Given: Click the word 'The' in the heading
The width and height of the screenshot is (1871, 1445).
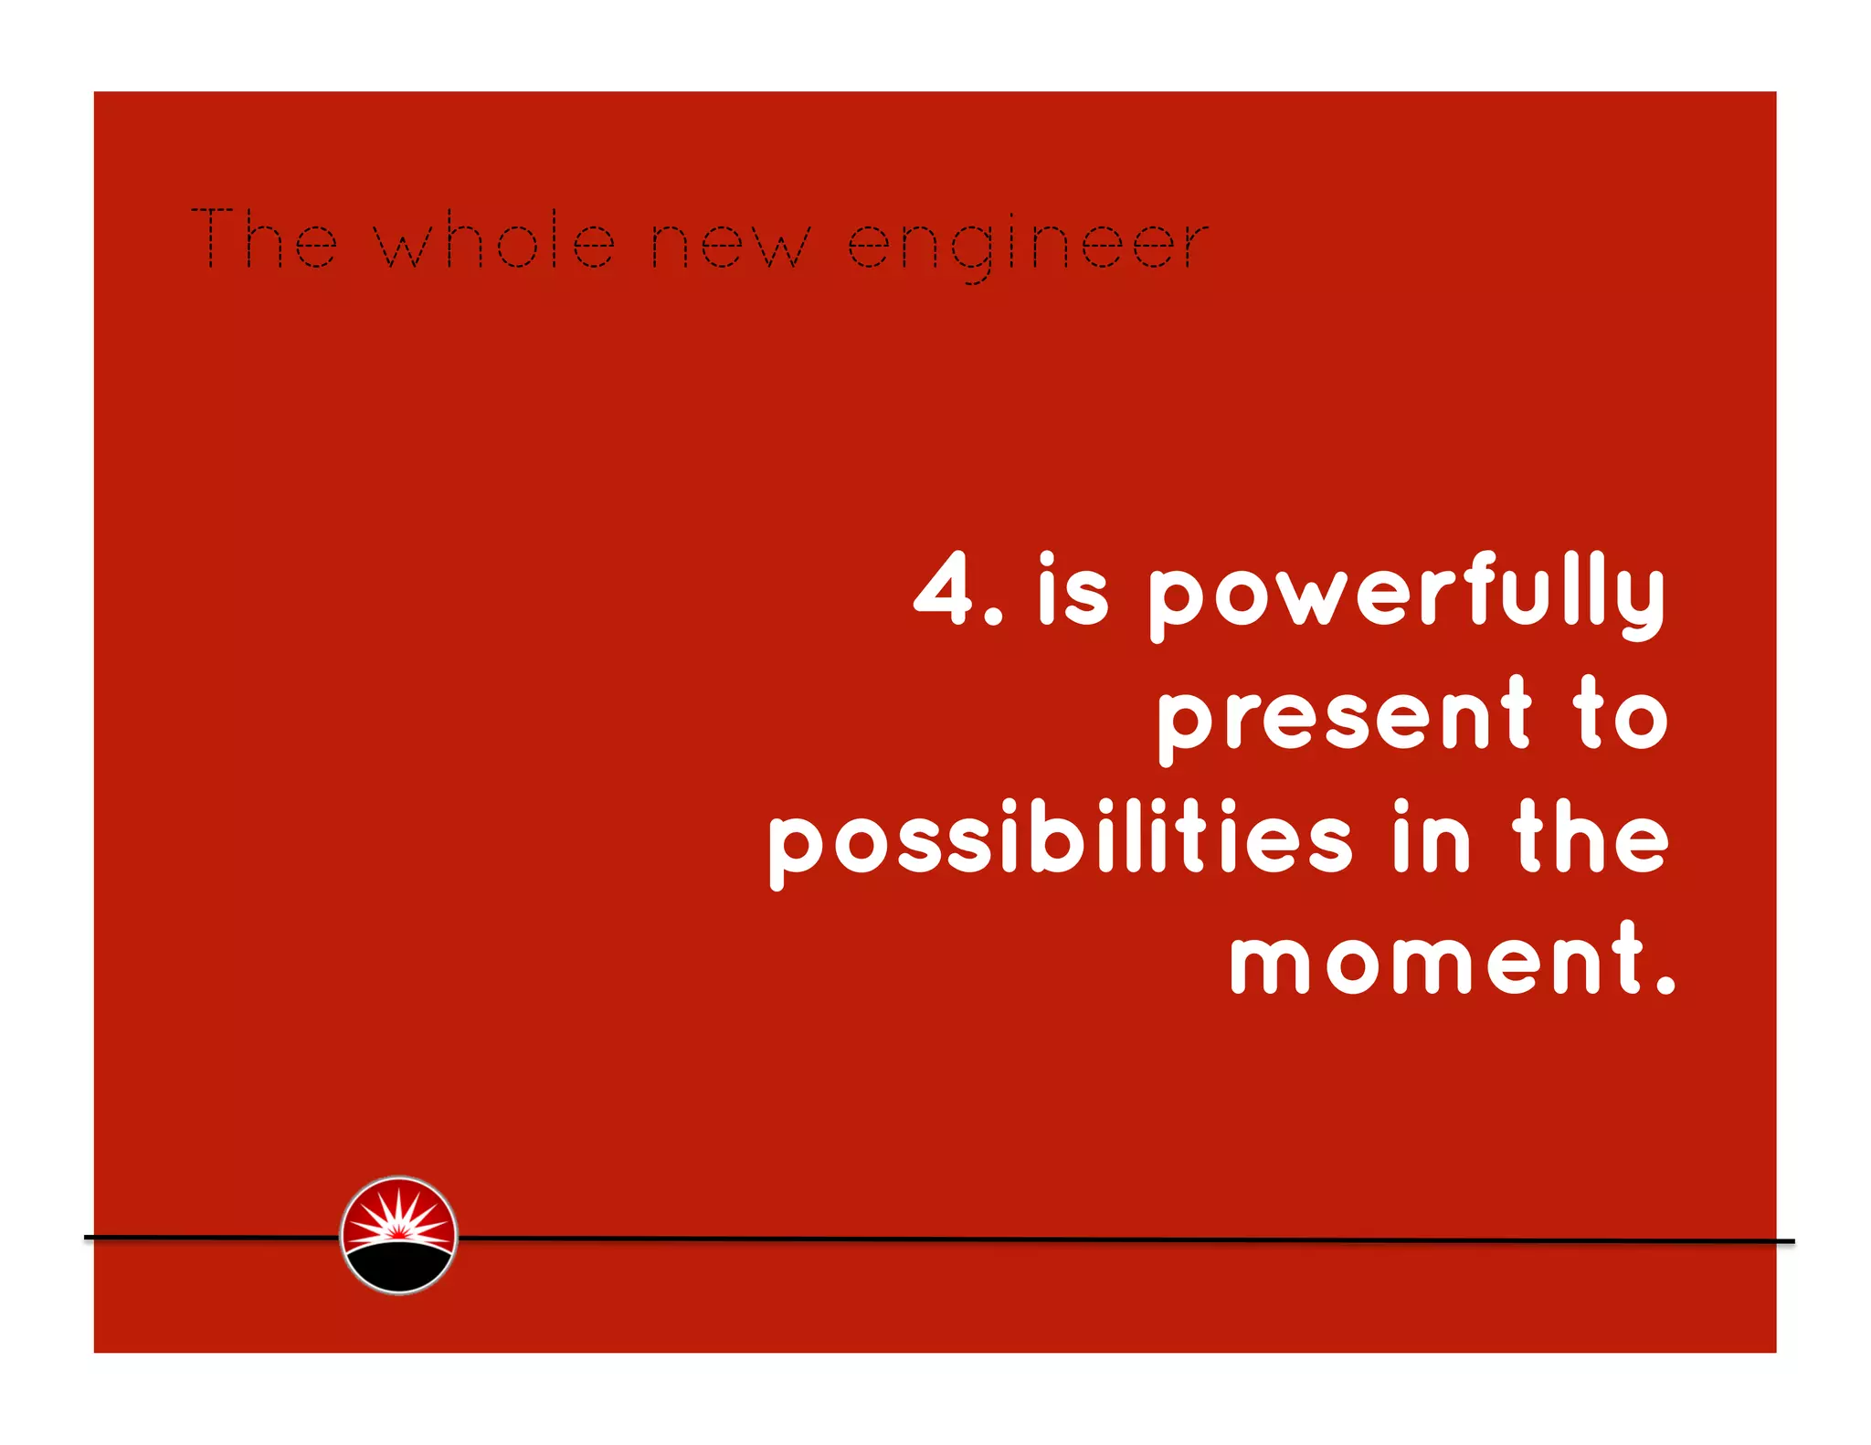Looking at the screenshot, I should (264, 239).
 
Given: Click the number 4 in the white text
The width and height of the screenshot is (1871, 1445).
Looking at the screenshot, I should (945, 589).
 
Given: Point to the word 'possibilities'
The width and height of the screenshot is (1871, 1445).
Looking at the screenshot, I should (1060, 841).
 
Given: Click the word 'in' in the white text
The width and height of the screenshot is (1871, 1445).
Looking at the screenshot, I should (1432, 838).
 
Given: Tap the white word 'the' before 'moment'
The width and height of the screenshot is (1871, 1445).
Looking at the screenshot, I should (1591, 838).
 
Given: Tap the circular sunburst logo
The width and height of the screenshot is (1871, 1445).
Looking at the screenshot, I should (398, 1235).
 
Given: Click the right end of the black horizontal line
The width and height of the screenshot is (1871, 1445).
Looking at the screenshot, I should (1791, 1241).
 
